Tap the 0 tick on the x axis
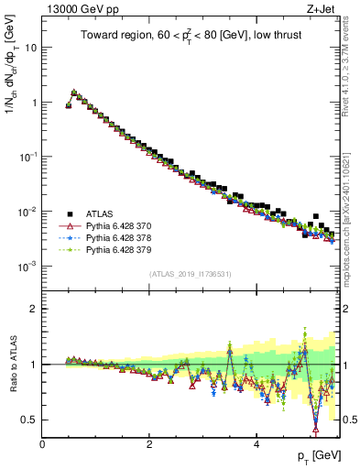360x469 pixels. pyautogui.click(x=42, y=444)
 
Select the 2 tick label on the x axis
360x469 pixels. pyautogui.click(x=149, y=444)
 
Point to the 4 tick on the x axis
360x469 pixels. pyautogui.click(x=256, y=444)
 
